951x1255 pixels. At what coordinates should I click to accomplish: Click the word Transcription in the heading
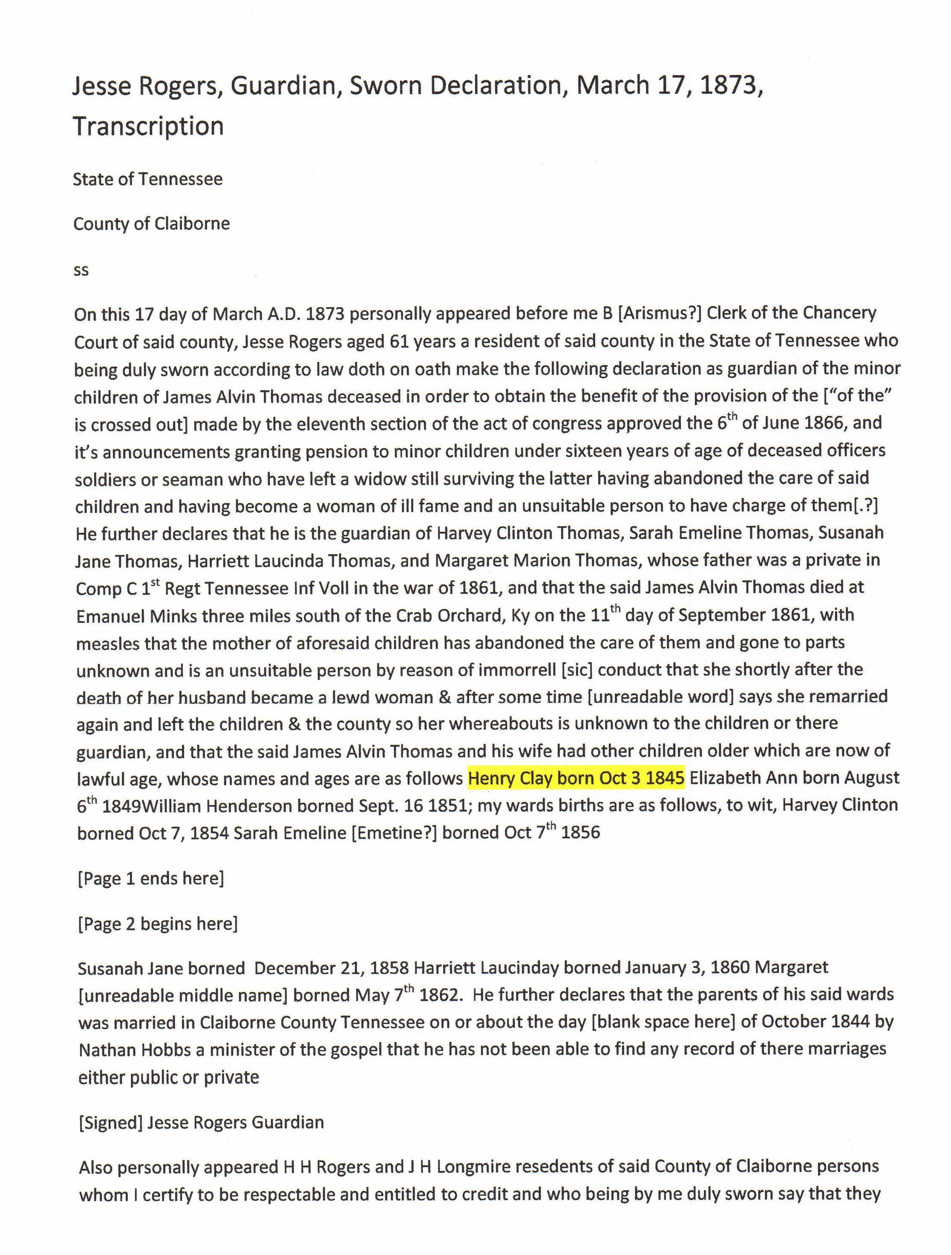(148, 126)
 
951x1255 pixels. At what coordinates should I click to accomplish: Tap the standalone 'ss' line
(81, 270)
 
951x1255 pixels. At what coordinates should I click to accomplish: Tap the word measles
(108, 643)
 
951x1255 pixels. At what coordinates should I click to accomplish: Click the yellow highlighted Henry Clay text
(576, 778)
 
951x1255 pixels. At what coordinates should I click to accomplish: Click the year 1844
(850, 1022)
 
